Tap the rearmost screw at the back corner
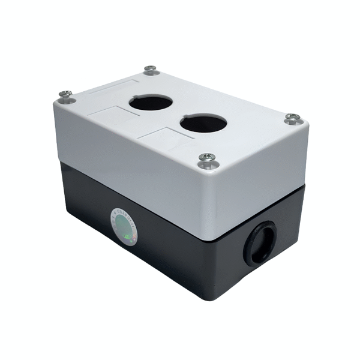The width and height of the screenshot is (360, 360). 151,70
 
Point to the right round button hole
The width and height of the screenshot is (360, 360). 203,124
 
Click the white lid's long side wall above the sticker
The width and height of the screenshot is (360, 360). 126,162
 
